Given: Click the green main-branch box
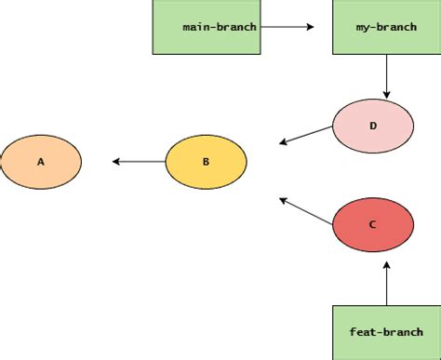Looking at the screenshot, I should (207, 26).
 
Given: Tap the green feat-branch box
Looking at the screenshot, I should (385, 331).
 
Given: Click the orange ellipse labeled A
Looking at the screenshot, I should (41, 162).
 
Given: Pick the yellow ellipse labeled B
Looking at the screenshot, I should (206, 162).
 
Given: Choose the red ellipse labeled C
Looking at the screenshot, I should (373, 224).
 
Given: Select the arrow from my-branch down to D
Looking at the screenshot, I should (386, 75).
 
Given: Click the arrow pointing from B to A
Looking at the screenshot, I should (139, 162).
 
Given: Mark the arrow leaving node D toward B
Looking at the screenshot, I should (307, 136).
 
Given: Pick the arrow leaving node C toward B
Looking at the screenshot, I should (307, 211).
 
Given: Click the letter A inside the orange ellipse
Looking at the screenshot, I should (41, 162).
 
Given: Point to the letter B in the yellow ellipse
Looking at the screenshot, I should (206, 162).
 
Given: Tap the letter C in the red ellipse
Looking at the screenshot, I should (373, 224).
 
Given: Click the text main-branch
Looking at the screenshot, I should (220, 27).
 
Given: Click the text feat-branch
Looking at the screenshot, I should (386, 332).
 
